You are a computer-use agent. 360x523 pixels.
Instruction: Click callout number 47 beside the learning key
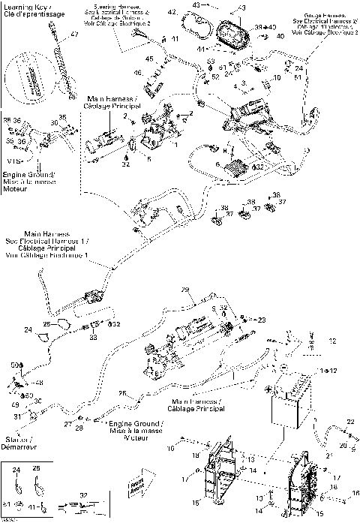[x=75, y=35]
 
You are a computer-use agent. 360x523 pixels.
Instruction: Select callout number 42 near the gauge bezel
[x=172, y=13]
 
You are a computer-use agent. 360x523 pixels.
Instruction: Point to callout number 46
[x=138, y=73]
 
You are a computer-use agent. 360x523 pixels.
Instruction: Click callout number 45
[x=150, y=59]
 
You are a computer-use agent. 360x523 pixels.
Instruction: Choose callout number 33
[x=94, y=338]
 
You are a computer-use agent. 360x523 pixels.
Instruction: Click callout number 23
[x=262, y=320]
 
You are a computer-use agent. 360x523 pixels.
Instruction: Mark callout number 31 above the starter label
[x=16, y=416]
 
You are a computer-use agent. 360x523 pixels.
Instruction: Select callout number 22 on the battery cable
[x=349, y=423]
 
